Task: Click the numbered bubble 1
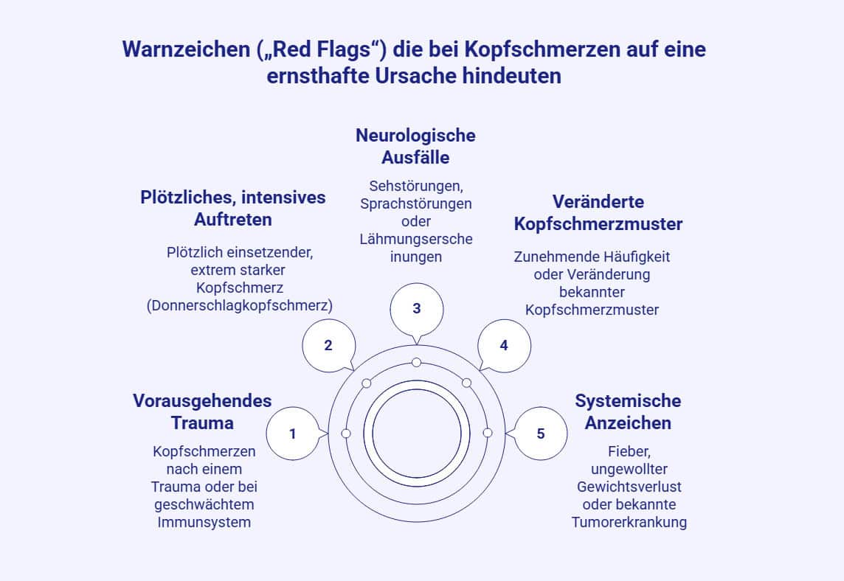(x=293, y=434)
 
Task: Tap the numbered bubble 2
(x=328, y=345)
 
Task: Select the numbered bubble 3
(x=416, y=308)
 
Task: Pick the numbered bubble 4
(x=504, y=345)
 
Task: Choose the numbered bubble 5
(x=540, y=434)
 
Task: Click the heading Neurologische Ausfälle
(x=415, y=146)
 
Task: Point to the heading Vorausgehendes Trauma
(x=202, y=411)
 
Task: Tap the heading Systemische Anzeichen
(x=628, y=411)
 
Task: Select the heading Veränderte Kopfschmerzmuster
(x=598, y=212)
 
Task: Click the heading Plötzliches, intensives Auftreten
(x=233, y=208)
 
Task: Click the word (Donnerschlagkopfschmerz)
(x=240, y=305)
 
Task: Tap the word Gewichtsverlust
(x=629, y=487)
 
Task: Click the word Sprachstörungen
(x=416, y=203)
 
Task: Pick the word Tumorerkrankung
(x=629, y=522)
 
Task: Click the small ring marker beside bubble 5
(x=487, y=433)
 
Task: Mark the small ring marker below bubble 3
(x=416, y=362)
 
